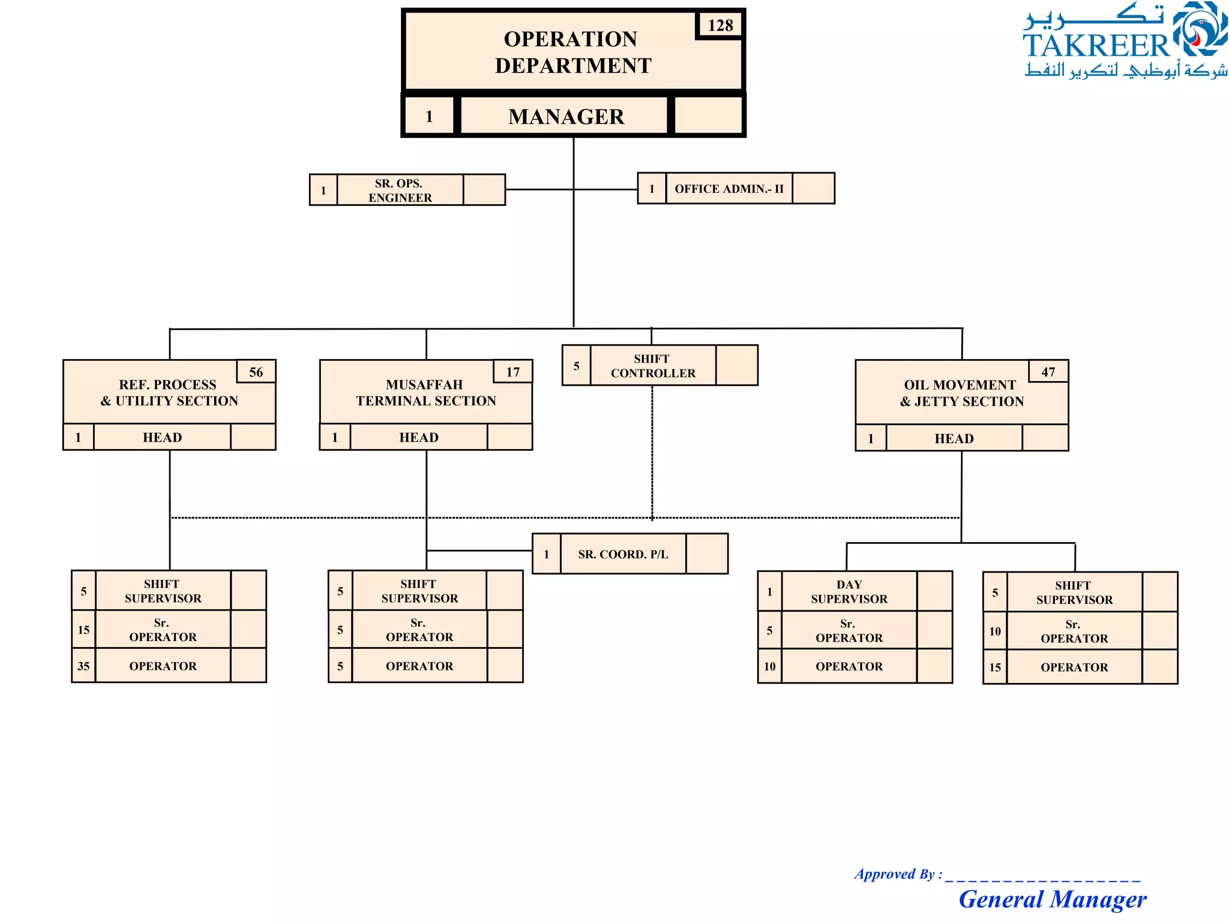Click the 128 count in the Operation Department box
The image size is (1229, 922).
click(x=720, y=25)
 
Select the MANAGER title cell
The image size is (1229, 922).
click(x=565, y=116)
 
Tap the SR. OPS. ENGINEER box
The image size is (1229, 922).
click(x=400, y=190)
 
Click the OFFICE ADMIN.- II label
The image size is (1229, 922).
click(x=729, y=188)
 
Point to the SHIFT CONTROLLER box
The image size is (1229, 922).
click(x=652, y=366)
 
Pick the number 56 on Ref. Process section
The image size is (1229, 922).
click(x=256, y=372)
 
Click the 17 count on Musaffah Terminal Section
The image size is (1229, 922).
click(x=512, y=372)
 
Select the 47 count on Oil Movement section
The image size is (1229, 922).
click(x=1048, y=372)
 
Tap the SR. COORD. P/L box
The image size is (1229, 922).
click(x=623, y=554)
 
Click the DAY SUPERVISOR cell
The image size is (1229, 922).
click(x=849, y=592)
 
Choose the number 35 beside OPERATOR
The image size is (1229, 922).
click(x=83, y=666)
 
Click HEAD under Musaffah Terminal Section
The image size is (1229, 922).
click(x=419, y=438)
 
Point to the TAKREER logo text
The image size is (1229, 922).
click(x=1096, y=46)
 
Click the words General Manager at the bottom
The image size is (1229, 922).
click(x=1052, y=899)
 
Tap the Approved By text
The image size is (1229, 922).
click(x=898, y=874)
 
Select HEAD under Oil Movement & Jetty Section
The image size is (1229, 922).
click(x=954, y=439)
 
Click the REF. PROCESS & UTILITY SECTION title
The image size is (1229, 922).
click(x=169, y=393)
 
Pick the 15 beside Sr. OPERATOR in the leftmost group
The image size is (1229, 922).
click(x=83, y=630)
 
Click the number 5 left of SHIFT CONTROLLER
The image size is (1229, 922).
click(x=576, y=366)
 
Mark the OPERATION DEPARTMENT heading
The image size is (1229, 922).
click(x=572, y=52)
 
